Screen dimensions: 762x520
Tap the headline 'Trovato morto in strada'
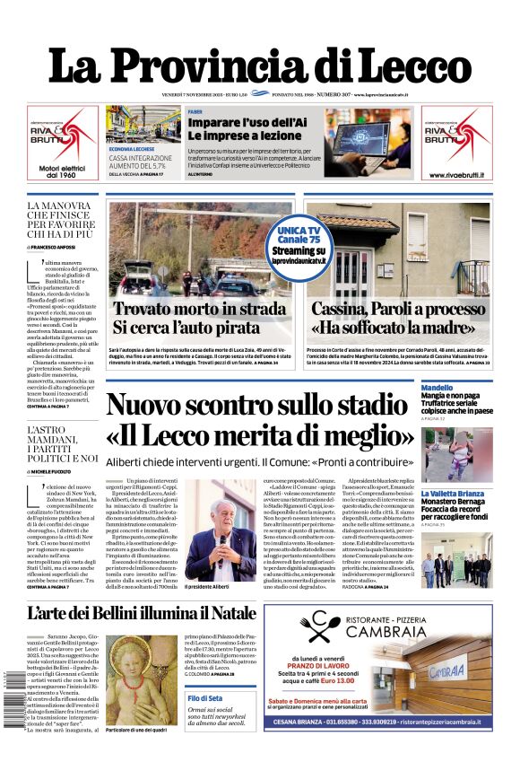(x=198, y=309)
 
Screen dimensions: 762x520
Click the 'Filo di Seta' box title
(x=206, y=698)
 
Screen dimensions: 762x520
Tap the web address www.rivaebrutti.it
(x=457, y=171)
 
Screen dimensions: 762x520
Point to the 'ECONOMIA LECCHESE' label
(x=132, y=148)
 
